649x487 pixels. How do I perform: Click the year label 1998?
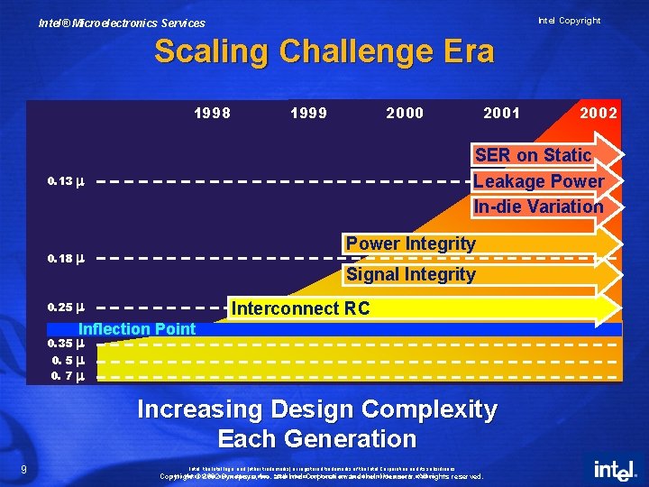(213, 114)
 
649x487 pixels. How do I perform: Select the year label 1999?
(309, 114)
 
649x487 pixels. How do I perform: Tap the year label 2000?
(405, 114)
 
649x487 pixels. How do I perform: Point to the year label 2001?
(501, 114)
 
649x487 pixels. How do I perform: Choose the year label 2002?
(599, 114)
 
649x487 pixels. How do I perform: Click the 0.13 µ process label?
(66, 181)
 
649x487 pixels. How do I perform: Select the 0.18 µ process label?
(66, 259)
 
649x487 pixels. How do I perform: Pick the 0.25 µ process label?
(66, 307)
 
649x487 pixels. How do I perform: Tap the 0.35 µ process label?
(66, 344)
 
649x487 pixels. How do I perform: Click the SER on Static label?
(533, 155)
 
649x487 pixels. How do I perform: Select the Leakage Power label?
(538, 181)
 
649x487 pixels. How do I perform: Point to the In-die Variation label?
(538, 207)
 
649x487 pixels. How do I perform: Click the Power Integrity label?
(410, 243)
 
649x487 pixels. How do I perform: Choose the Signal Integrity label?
(410, 274)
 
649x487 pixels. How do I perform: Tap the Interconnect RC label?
(300, 308)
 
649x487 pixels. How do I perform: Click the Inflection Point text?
(137, 328)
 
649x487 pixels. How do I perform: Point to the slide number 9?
(23, 468)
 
